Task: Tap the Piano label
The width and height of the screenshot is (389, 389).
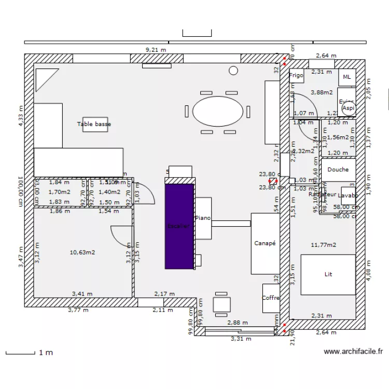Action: tap(203, 218)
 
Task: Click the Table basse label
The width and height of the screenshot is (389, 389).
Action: tap(94, 124)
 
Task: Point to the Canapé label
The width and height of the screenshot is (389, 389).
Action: tap(265, 243)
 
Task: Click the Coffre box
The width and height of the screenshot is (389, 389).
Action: tap(271, 298)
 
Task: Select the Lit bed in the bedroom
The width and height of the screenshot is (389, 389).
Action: tap(328, 274)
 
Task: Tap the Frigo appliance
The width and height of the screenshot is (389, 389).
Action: tap(296, 76)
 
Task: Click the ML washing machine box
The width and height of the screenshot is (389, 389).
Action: tap(347, 77)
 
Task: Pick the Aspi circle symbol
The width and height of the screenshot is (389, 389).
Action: tap(349, 108)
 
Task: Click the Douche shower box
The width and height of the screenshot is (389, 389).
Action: tap(338, 170)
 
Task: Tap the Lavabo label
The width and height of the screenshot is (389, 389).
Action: tap(348, 196)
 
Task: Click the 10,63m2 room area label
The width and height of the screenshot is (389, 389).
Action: tap(82, 253)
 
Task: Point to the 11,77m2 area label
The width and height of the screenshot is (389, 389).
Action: tap(323, 244)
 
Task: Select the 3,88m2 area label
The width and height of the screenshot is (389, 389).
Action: tap(322, 92)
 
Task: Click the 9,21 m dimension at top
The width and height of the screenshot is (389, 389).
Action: tap(156, 50)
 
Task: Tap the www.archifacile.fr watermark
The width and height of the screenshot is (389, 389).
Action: tap(353, 352)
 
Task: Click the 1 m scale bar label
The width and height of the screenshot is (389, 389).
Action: tap(46, 353)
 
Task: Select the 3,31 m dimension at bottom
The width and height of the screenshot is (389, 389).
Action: tap(241, 339)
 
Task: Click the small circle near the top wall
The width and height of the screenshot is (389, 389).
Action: tap(233, 70)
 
